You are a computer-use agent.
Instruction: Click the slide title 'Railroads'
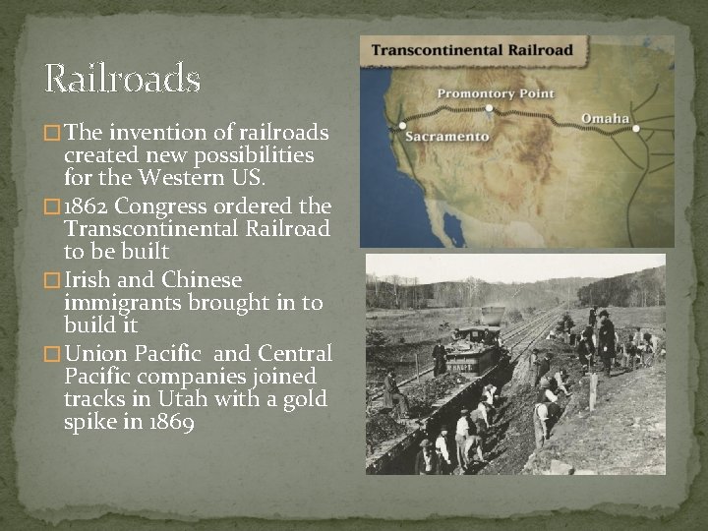123,79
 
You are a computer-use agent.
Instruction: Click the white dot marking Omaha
636,129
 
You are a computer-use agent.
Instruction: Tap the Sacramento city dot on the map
402,126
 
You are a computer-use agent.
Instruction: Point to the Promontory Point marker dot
489,110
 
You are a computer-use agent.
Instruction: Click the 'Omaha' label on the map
605,119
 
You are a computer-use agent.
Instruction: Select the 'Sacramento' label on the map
447,137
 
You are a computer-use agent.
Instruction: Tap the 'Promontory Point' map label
496,94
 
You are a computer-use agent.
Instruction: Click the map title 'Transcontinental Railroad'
472,49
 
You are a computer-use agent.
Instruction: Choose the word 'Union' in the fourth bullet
95,354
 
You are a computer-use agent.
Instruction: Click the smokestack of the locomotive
493,318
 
